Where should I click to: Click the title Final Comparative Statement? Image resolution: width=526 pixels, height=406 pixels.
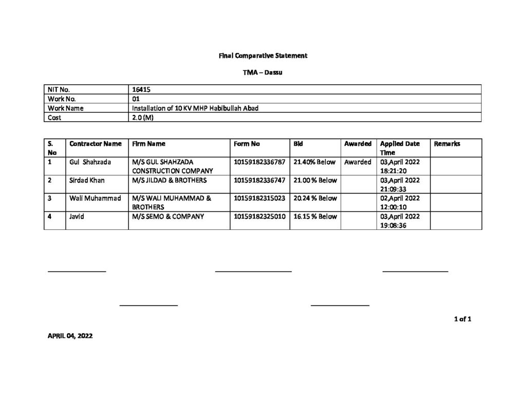(262, 55)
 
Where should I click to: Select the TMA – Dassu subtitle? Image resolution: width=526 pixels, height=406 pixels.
(262, 73)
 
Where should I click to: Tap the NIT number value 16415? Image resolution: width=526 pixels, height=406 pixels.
(141, 89)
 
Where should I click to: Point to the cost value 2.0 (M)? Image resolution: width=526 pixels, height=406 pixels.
(142, 118)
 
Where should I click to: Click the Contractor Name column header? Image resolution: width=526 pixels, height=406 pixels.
(96, 144)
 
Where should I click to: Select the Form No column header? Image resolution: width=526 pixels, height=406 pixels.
(247, 144)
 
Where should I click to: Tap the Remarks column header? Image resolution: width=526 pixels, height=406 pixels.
(447, 144)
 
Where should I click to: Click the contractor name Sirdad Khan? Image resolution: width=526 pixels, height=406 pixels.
(87, 180)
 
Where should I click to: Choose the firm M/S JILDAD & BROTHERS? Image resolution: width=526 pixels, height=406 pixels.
(169, 180)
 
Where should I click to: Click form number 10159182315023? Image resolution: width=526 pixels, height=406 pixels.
(259, 198)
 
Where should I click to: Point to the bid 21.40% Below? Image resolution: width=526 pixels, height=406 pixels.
(314, 162)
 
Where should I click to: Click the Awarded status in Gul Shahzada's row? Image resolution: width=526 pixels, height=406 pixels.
(358, 162)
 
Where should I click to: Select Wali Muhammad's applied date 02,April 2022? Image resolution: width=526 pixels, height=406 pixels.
(400, 198)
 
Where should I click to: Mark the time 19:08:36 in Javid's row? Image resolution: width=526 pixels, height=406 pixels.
(393, 225)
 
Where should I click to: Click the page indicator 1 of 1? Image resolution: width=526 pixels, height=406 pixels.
(462, 319)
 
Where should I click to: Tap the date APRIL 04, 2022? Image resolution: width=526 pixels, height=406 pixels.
(70, 336)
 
